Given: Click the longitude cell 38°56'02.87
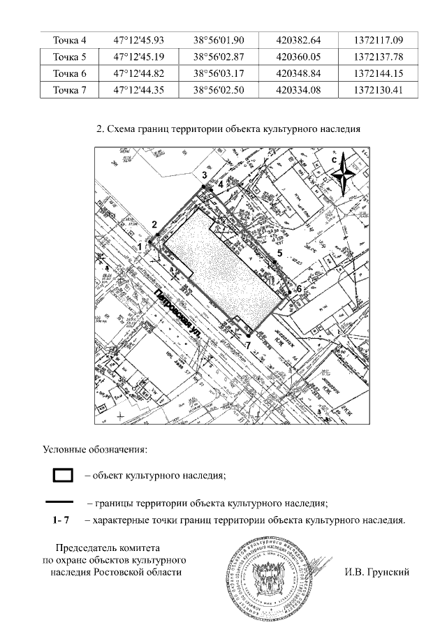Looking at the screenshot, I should [217, 57].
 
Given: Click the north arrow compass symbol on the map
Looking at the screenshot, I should [342, 174].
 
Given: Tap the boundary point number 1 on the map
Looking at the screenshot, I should [140, 247].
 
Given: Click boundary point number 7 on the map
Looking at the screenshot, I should [248, 344].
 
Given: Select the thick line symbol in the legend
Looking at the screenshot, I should [59, 501].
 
